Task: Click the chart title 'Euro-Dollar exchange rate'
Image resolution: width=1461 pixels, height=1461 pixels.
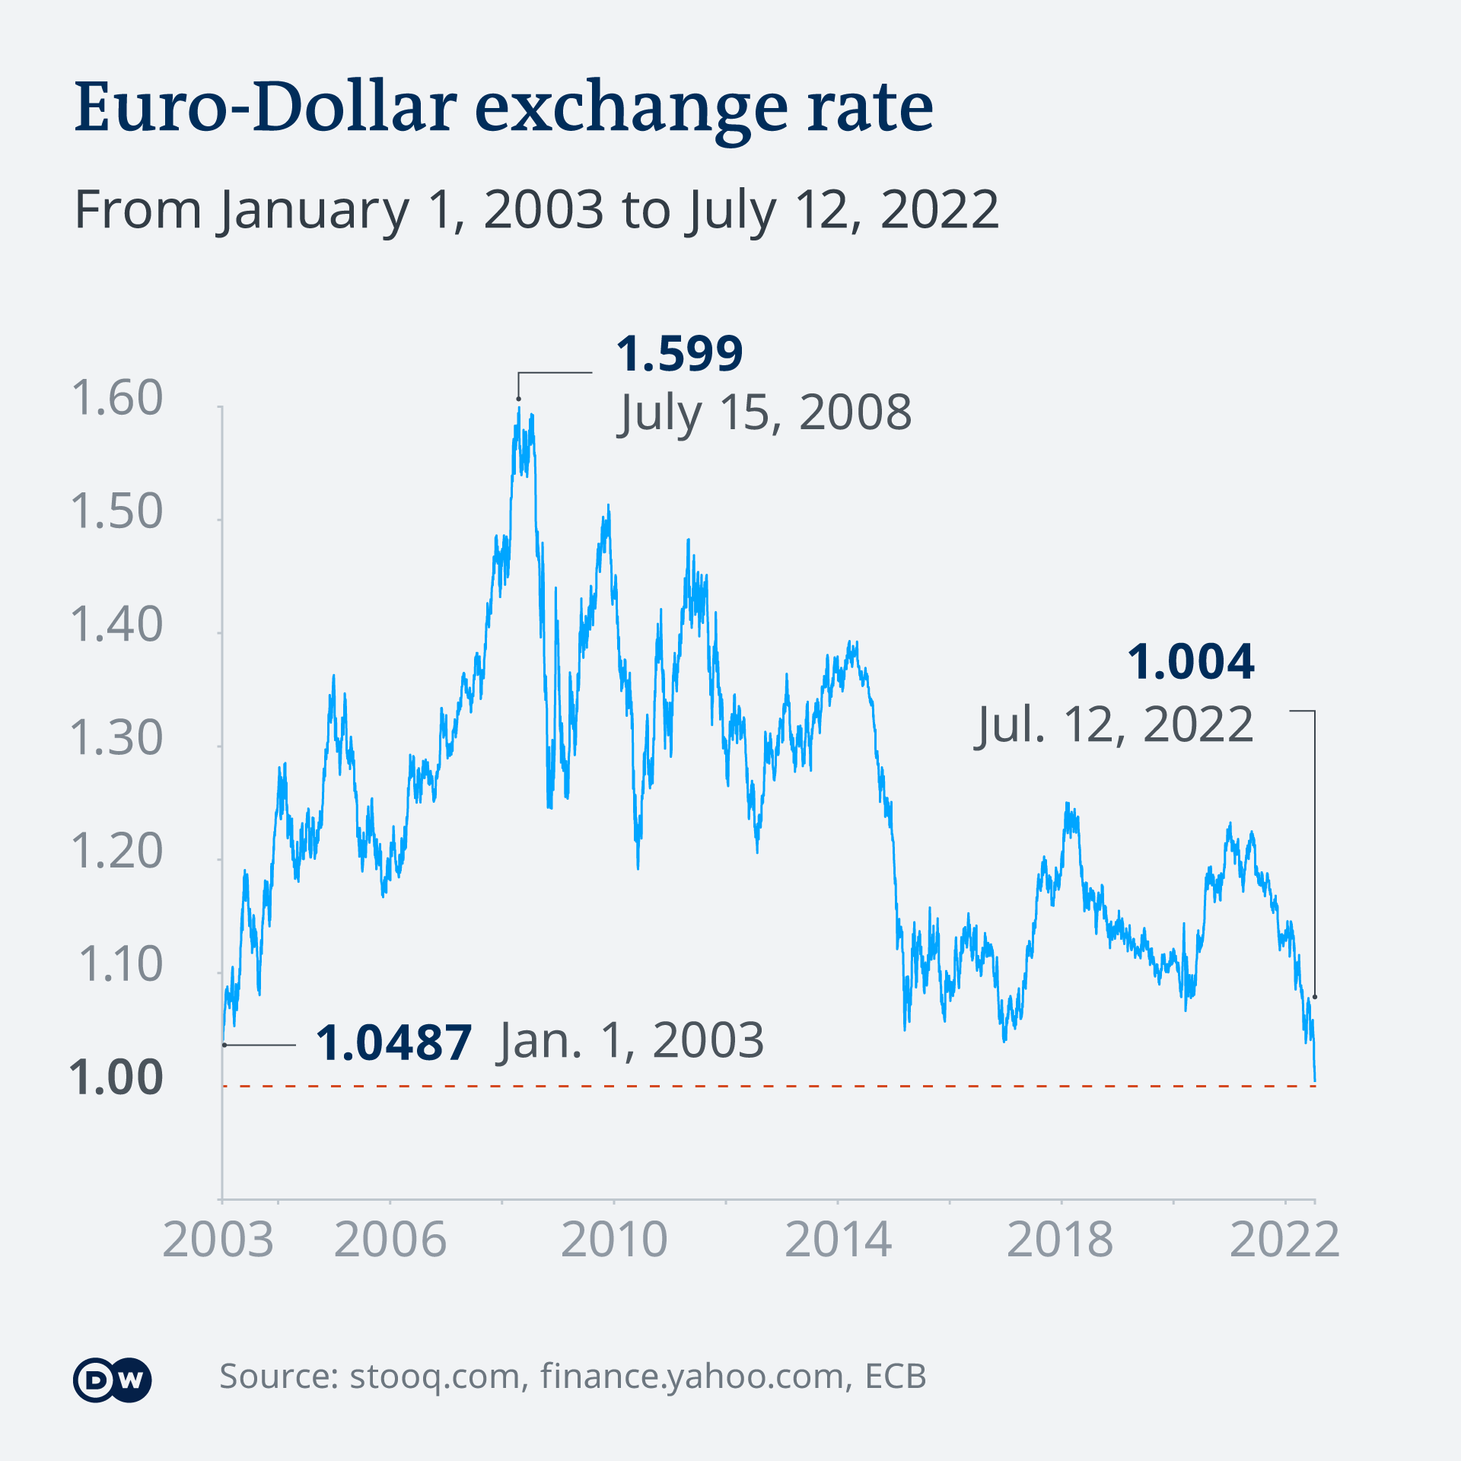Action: pyautogui.click(x=504, y=108)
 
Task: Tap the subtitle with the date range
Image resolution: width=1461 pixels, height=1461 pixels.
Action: pyautogui.click(x=536, y=210)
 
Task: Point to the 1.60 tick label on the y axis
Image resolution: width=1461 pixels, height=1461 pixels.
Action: pyautogui.click(x=116, y=398)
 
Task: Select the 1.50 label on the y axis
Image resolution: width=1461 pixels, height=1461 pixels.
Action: pyautogui.click(x=116, y=511)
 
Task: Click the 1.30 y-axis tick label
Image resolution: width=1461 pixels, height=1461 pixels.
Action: pyautogui.click(x=116, y=738)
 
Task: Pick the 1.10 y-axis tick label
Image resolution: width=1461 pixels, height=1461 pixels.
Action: pyautogui.click(x=120, y=965)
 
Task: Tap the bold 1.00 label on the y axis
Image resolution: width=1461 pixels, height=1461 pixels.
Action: pyautogui.click(x=116, y=1078)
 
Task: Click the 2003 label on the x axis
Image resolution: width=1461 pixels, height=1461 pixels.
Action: pyautogui.click(x=218, y=1240)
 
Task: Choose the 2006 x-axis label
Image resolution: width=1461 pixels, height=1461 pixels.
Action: pyautogui.click(x=390, y=1240)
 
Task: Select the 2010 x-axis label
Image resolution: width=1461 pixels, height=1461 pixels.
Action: pyautogui.click(x=614, y=1240)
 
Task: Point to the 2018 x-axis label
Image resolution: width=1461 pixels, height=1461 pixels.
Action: pyautogui.click(x=1060, y=1240)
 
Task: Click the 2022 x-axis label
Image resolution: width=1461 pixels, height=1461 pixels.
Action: pyautogui.click(x=1284, y=1240)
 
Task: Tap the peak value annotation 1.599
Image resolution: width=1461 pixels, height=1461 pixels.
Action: pyautogui.click(x=679, y=354)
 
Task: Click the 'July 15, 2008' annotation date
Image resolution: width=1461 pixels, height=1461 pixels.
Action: pyautogui.click(x=765, y=413)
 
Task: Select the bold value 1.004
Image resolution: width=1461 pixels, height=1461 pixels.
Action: pyautogui.click(x=1190, y=662)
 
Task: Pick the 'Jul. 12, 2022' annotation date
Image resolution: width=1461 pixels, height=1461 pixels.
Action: pyautogui.click(x=1115, y=724)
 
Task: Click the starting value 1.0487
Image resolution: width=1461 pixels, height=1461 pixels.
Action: pyautogui.click(x=393, y=1042)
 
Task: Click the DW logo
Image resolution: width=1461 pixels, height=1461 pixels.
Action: pyautogui.click(x=113, y=1380)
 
